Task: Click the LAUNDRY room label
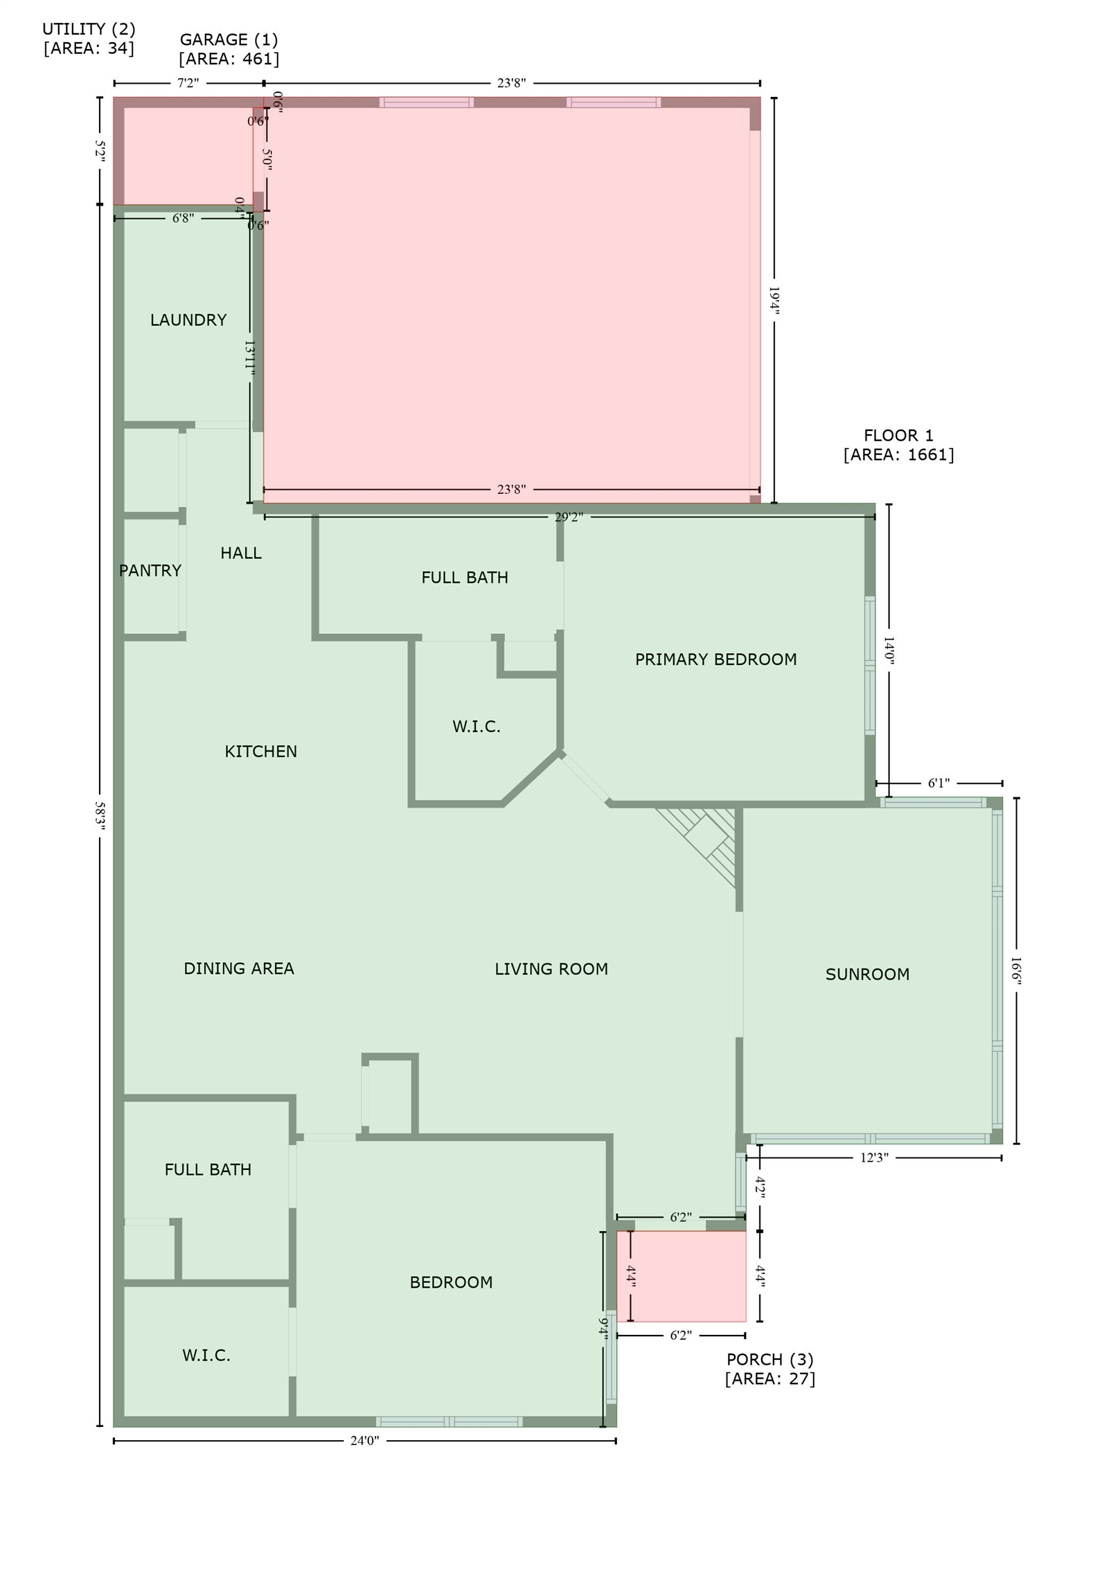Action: pos(188,320)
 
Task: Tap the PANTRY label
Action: pos(150,571)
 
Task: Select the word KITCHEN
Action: pos(260,752)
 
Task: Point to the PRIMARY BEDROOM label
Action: pos(715,659)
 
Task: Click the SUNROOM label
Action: pos(867,975)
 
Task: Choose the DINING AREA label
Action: pos(239,968)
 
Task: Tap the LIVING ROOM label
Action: pos(551,969)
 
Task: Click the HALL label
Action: pos(241,553)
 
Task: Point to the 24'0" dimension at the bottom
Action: pos(364,1441)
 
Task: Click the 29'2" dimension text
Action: pos(569,517)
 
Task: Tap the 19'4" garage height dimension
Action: pos(774,301)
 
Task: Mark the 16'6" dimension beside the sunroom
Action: pos(1016,970)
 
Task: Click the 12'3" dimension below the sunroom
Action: pos(874,1158)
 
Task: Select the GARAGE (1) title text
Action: pos(229,39)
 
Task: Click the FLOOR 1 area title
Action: pos(898,436)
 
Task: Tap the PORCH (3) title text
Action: pos(769,1360)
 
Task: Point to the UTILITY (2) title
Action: pos(89,29)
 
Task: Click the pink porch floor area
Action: pos(681,1277)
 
